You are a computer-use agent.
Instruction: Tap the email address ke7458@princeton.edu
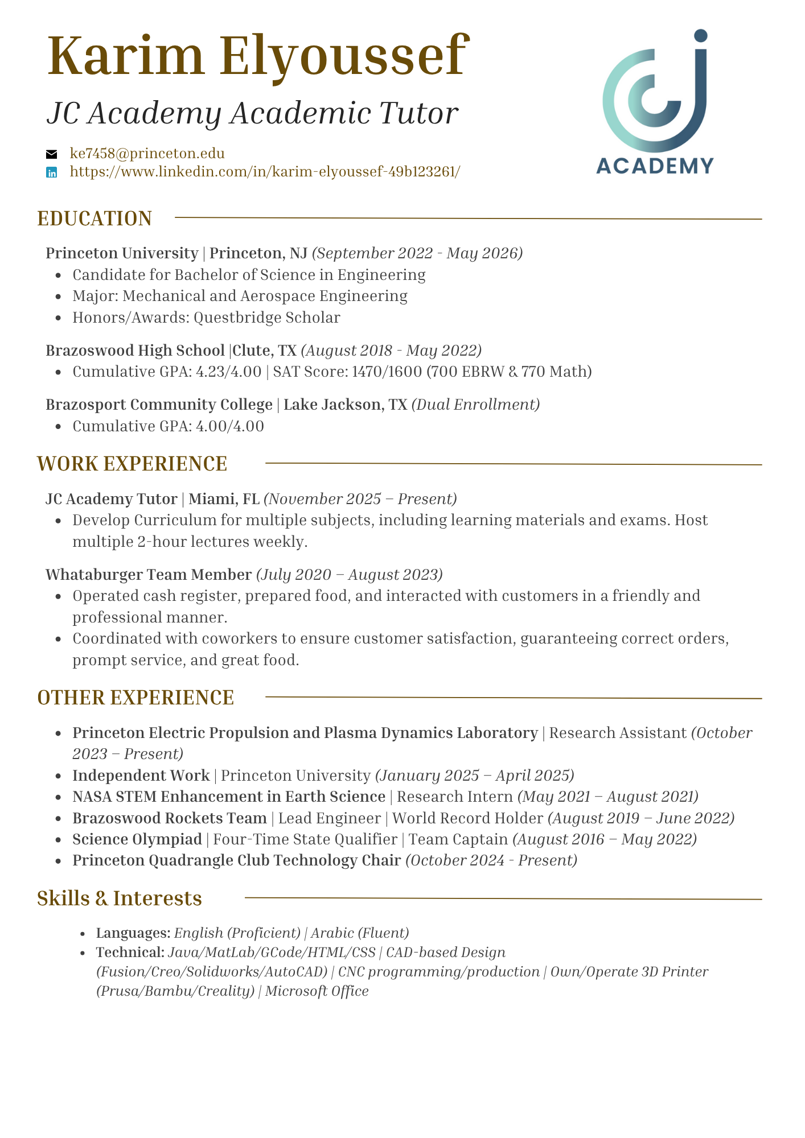[x=147, y=154]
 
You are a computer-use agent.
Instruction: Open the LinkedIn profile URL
[x=265, y=172]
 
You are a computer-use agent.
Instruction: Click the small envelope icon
[x=52, y=154]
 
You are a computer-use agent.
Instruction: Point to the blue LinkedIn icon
[x=52, y=172]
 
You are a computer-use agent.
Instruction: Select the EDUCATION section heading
[x=95, y=219]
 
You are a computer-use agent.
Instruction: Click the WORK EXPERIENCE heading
[x=132, y=464]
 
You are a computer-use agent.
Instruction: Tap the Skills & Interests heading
[x=120, y=898]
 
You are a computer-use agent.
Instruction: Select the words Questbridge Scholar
[x=267, y=318]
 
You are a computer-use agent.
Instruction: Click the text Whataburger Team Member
[x=149, y=575]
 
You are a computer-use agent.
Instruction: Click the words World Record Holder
[x=467, y=819]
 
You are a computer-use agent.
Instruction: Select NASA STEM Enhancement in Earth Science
[x=229, y=797]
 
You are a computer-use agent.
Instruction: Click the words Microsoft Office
[x=317, y=991]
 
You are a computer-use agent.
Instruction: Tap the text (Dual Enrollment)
[x=475, y=405]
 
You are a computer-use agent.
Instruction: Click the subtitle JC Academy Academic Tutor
[x=252, y=113]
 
